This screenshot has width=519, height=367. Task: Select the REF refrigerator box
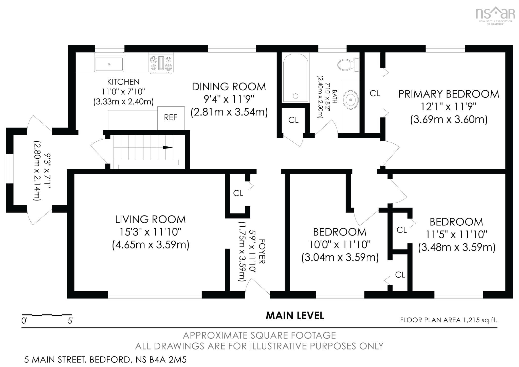(171, 118)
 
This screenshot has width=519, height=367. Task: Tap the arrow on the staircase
(168, 147)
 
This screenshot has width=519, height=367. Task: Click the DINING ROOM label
(229, 87)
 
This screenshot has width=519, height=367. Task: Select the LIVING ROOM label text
(150, 220)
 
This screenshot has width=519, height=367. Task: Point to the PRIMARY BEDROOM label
(449, 94)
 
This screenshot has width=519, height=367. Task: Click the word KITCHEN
(123, 82)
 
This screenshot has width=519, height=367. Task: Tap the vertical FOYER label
(262, 251)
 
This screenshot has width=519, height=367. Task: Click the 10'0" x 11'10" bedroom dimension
(340, 245)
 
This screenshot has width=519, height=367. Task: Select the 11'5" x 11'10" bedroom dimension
(456, 235)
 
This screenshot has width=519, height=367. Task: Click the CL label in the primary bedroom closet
(375, 93)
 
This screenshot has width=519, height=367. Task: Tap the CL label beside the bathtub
(293, 120)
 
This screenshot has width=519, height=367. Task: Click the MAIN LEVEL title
(295, 315)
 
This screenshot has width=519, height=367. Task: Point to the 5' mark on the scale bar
(70, 321)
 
